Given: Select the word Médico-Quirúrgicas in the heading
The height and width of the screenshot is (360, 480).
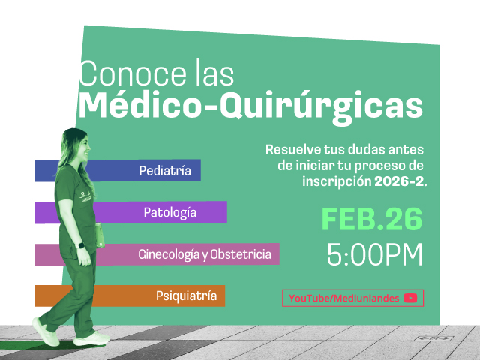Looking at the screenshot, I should click(250, 104).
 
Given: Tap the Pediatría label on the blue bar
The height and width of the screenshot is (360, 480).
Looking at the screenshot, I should click(165, 171).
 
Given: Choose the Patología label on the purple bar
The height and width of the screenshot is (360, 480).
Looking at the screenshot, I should click(170, 213).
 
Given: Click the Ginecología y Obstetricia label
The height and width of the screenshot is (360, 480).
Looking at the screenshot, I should click(205, 254).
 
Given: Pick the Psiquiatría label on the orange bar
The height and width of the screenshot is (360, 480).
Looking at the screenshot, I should click(187, 295).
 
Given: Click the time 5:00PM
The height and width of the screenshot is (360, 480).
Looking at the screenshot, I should click(375, 255).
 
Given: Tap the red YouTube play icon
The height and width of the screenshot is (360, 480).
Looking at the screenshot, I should click(410, 298).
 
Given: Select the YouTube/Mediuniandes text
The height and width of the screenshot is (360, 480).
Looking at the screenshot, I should click(344, 298).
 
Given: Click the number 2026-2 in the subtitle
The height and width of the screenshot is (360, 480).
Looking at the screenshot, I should click(399, 181).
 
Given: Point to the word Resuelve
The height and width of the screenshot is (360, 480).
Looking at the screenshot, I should click(292, 148).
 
